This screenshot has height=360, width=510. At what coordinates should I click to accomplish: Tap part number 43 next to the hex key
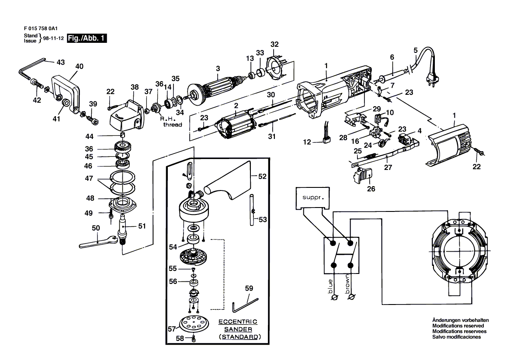coord(60,62)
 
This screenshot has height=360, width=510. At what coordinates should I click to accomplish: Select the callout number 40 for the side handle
coord(79,66)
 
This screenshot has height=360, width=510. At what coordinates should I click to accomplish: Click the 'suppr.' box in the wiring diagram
coord(313,197)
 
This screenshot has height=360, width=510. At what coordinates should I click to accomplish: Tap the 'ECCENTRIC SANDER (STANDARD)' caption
coord(238,329)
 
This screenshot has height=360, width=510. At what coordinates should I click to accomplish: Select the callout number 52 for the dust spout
coord(262,176)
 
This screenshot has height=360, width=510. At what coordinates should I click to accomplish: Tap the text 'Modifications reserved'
coord(458,326)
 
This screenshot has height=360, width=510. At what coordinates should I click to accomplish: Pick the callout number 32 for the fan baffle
coord(274,44)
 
